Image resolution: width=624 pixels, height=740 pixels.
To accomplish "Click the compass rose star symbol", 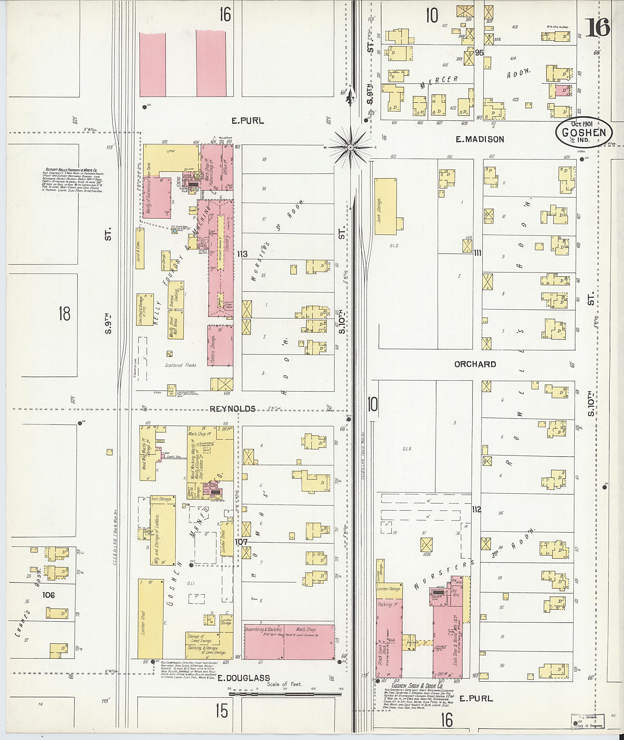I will click(x=350, y=147).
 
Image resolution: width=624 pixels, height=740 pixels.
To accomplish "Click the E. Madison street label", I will click(x=479, y=139).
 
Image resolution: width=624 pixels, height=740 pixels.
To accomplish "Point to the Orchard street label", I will click(x=475, y=364).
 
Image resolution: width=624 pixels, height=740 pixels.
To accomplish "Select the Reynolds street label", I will click(x=232, y=409).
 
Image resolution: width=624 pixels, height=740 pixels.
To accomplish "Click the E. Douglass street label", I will click(x=243, y=678).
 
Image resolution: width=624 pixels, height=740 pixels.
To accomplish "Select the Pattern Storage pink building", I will click(x=220, y=345).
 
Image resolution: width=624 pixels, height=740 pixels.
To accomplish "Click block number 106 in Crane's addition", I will click(x=48, y=595).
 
